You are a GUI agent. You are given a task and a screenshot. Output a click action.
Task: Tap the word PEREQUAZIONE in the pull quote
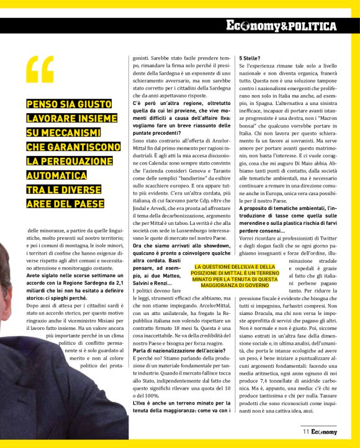point(63,161)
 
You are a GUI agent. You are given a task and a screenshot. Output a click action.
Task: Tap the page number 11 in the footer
point(306,431)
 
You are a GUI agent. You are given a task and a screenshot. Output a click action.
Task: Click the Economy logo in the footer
point(325,431)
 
